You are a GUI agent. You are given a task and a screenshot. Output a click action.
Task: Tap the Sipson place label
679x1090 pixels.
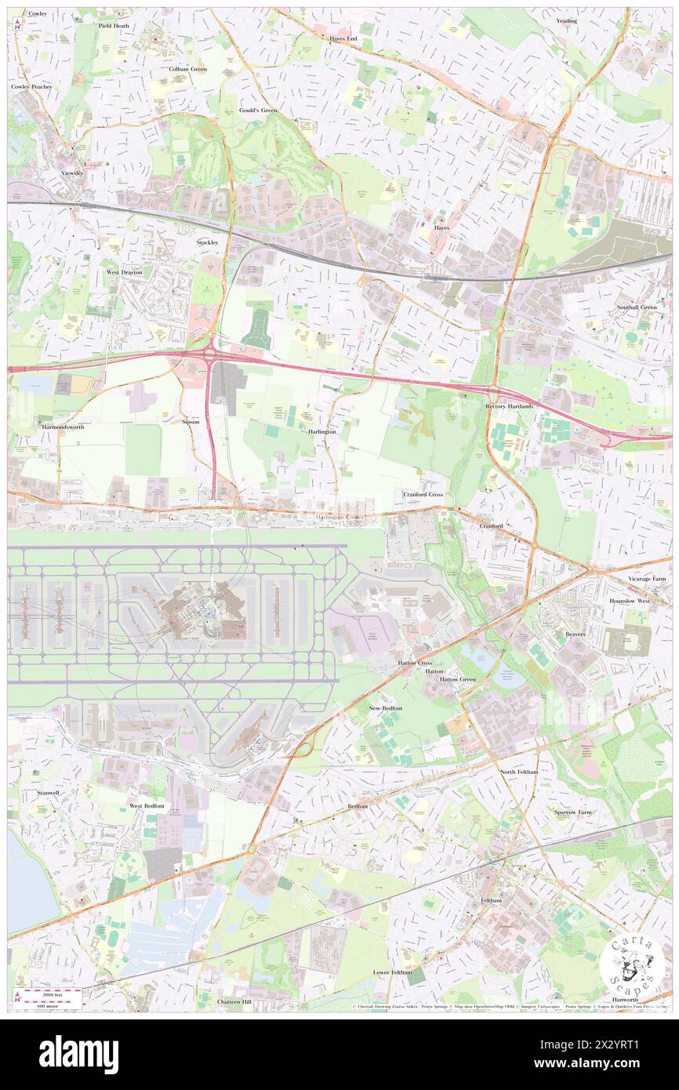[x=191, y=421]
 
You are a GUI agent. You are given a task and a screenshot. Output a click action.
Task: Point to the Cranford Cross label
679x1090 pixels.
[x=423, y=495]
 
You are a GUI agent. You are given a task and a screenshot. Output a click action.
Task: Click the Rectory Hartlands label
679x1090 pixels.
[x=509, y=406]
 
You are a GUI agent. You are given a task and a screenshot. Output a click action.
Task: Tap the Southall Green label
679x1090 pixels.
[x=636, y=307]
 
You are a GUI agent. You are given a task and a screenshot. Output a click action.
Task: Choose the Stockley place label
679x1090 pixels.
[x=207, y=242]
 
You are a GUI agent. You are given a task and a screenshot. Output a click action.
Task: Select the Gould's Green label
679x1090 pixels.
[x=258, y=111]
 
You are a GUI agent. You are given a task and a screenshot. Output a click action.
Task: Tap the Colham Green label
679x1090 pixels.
[x=188, y=69]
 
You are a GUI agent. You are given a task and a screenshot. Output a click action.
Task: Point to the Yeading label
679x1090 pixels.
[x=566, y=21]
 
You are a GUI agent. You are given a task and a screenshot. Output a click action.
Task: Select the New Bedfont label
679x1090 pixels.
[x=385, y=708]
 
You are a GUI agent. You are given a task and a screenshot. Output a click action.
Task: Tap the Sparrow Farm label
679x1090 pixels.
[x=573, y=812]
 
